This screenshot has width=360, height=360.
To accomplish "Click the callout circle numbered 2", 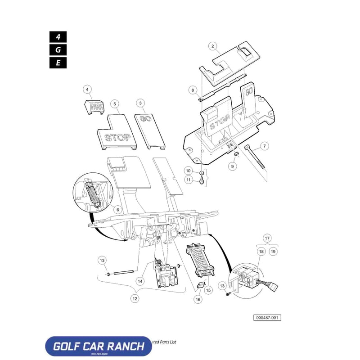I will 213,45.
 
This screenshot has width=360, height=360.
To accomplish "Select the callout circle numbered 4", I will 87,89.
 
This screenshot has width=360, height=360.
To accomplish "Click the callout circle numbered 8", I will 193,90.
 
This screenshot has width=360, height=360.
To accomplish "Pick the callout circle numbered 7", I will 265,146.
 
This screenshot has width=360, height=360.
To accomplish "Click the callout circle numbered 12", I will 135,298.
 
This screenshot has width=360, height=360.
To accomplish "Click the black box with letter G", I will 58,50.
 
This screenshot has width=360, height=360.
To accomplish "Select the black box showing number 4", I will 58,37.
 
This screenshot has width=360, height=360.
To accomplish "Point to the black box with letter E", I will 58,63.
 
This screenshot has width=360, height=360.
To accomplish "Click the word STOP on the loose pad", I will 117,137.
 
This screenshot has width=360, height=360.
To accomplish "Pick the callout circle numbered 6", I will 117,209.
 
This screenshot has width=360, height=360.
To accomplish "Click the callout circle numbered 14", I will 140,281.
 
